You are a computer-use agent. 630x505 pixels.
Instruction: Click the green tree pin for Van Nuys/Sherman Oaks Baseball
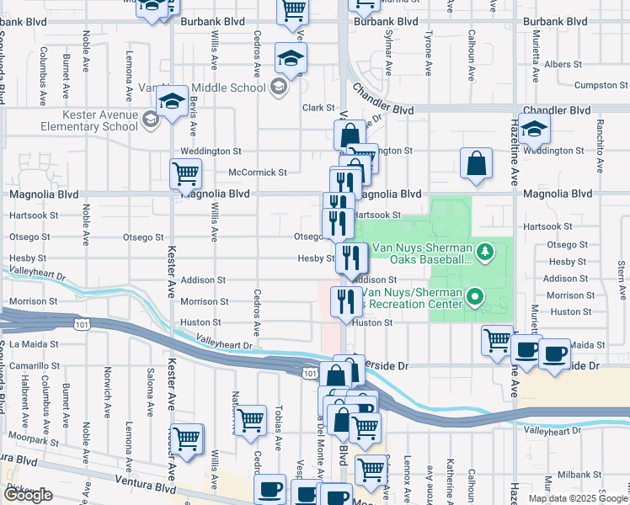pos(484,252)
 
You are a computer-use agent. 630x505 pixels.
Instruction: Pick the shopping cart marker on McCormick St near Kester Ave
pos(185,174)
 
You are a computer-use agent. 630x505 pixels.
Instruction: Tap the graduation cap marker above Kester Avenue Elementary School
pos(172,103)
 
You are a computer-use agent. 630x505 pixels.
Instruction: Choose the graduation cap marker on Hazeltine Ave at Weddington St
pos(533,130)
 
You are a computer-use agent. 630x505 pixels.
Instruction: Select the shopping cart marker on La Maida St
pos(497,340)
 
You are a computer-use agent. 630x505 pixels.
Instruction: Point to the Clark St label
pos(319,108)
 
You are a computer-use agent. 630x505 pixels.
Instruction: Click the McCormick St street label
pos(258,173)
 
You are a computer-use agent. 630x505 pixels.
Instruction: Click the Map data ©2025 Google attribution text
pos(578,498)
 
